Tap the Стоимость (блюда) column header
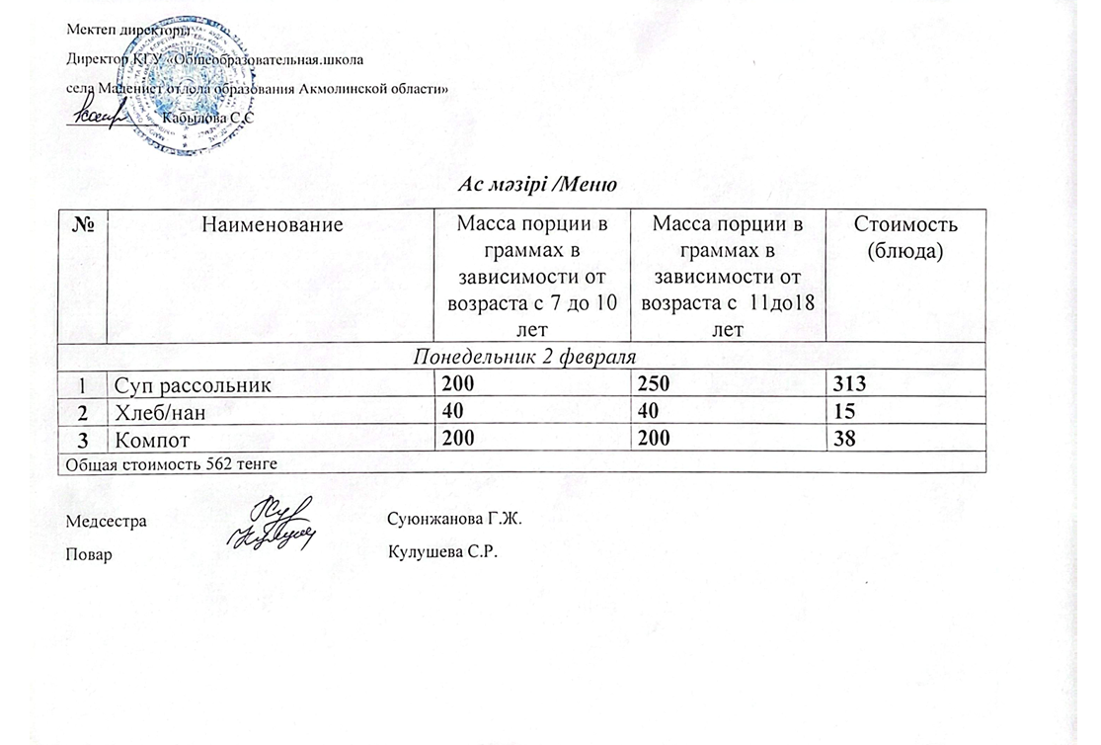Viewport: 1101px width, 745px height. click(x=904, y=238)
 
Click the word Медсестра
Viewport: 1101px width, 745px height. click(x=106, y=520)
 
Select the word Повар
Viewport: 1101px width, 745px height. click(x=89, y=553)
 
